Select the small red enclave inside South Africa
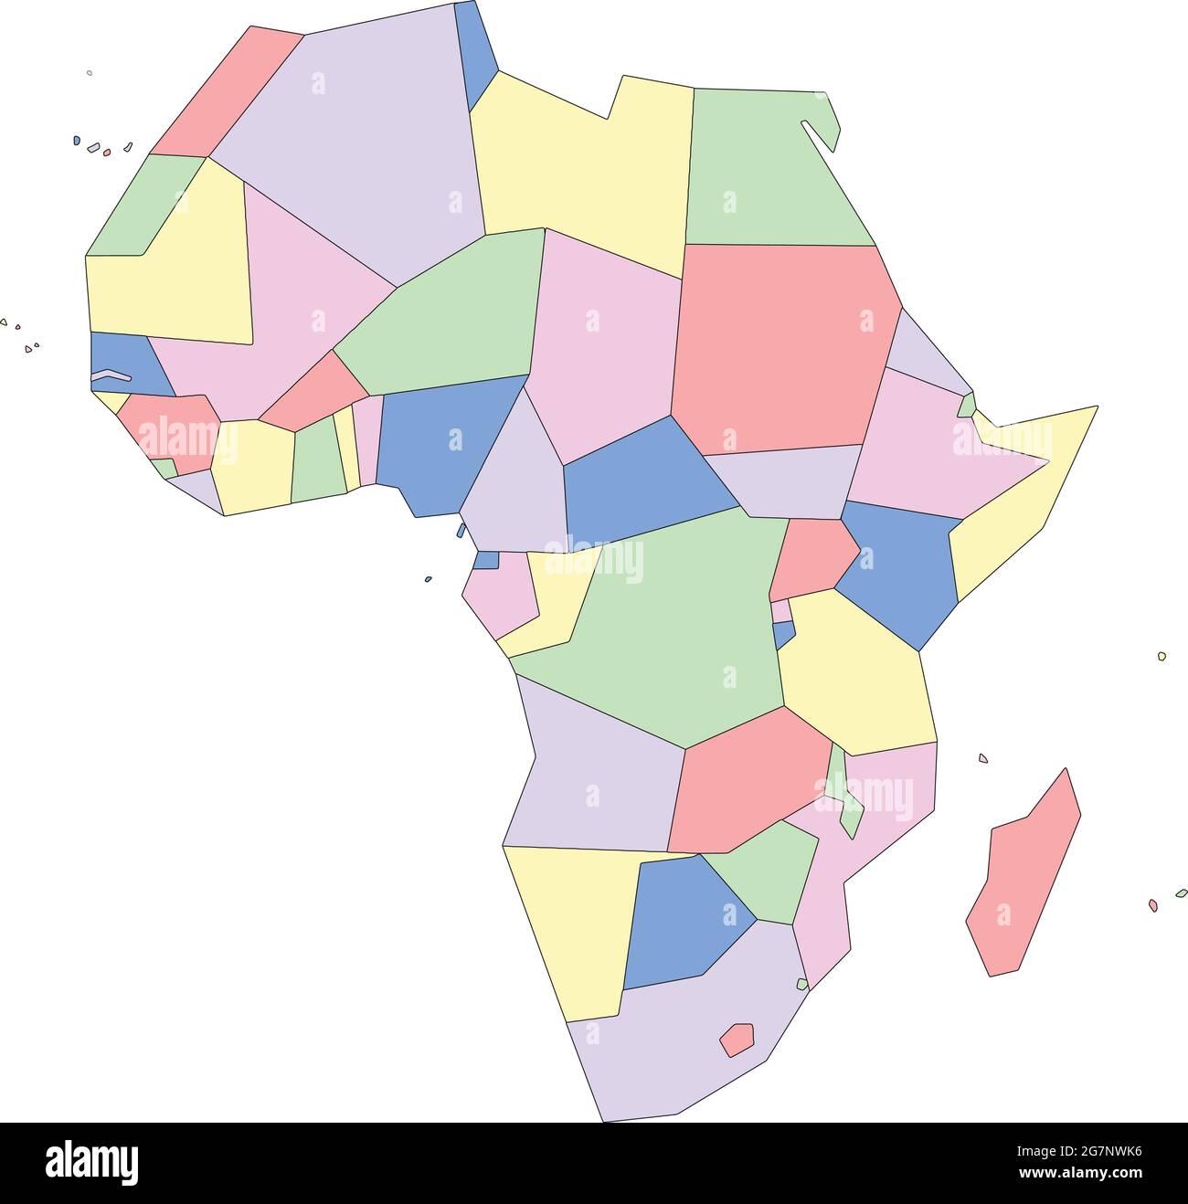point(737,1039)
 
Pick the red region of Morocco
point(228,87)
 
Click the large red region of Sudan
point(781,347)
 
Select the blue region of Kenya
point(900,571)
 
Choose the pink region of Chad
point(603,338)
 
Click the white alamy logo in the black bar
point(92,1162)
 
